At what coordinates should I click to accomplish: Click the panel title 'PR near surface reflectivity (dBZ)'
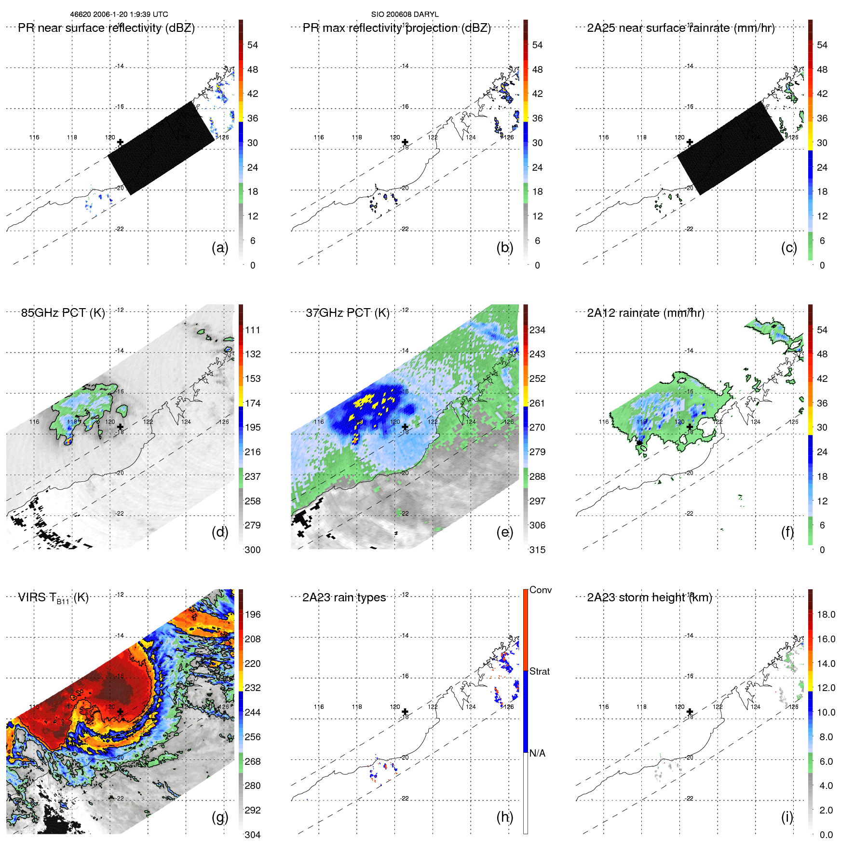(x=106, y=28)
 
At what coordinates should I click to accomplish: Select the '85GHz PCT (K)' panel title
(x=63, y=313)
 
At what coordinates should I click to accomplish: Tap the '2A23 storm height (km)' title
(x=649, y=597)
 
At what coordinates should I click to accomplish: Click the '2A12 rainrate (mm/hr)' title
(x=645, y=313)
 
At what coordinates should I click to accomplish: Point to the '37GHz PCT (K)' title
(x=347, y=313)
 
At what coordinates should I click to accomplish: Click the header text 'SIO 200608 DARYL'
(x=405, y=14)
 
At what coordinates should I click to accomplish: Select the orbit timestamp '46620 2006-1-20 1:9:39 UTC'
(x=119, y=14)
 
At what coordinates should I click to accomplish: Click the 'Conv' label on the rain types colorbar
(x=540, y=590)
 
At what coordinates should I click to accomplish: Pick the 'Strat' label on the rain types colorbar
(x=539, y=671)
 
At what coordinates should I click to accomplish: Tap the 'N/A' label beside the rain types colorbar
(x=537, y=753)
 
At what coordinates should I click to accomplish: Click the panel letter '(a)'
(x=219, y=247)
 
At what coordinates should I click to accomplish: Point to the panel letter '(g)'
(x=219, y=817)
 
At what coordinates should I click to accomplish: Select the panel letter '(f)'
(x=787, y=532)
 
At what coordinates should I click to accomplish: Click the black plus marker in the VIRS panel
(x=120, y=711)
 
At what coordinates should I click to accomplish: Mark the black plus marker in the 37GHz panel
(x=405, y=427)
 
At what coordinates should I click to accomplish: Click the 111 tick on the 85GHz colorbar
(x=252, y=330)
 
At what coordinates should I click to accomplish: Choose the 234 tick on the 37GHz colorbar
(x=537, y=330)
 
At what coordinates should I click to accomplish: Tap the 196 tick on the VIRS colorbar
(x=252, y=614)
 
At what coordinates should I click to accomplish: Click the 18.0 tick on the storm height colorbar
(x=826, y=614)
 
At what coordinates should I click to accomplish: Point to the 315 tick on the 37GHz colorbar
(x=537, y=550)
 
